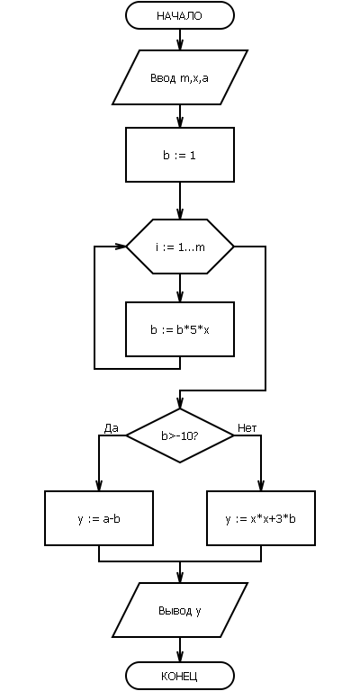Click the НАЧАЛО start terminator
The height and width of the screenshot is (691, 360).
180,15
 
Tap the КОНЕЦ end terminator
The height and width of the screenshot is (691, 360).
180,676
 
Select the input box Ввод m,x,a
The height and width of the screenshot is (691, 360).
180,77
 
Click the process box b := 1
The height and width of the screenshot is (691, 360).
180,155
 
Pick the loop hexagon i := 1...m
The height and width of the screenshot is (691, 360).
180,247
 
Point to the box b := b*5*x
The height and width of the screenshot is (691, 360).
180,329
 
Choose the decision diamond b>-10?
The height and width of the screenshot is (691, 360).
180,435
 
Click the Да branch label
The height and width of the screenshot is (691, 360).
111,428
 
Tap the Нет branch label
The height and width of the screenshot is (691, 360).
247,428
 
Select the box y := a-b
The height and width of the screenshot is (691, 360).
99,518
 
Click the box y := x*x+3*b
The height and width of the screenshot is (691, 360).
261,518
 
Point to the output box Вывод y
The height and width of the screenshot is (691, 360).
180,610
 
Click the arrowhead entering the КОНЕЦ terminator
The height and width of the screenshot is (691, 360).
180,658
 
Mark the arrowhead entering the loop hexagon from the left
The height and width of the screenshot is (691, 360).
121,247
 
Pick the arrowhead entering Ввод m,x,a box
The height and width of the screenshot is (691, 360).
180,45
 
